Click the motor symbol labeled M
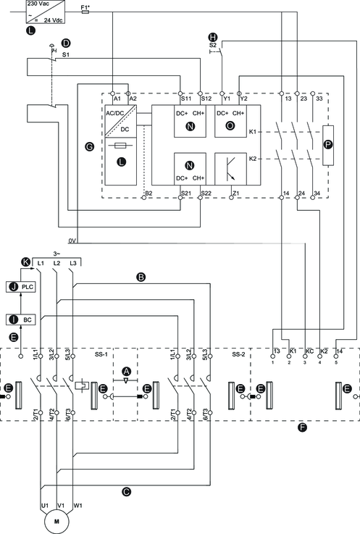tap(56, 522)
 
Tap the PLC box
tap(20, 287)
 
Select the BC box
tap(20, 320)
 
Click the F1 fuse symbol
tap(85, 12)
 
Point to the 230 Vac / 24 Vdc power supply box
tap(46, 12)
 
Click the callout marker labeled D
tap(65, 43)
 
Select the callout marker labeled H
tap(213, 37)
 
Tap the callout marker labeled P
tap(328, 145)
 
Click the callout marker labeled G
tap(89, 147)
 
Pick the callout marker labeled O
tap(230, 125)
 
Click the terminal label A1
tap(117, 99)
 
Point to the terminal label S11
tap(186, 99)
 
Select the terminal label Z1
tap(236, 193)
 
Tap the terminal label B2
tap(148, 193)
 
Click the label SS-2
tap(238, 354)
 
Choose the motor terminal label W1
tap(78, 506)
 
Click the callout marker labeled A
tap(126, 371)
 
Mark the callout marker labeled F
tap(302, 427)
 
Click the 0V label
tap(72, 241)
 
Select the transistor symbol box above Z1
tap(230, 169)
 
